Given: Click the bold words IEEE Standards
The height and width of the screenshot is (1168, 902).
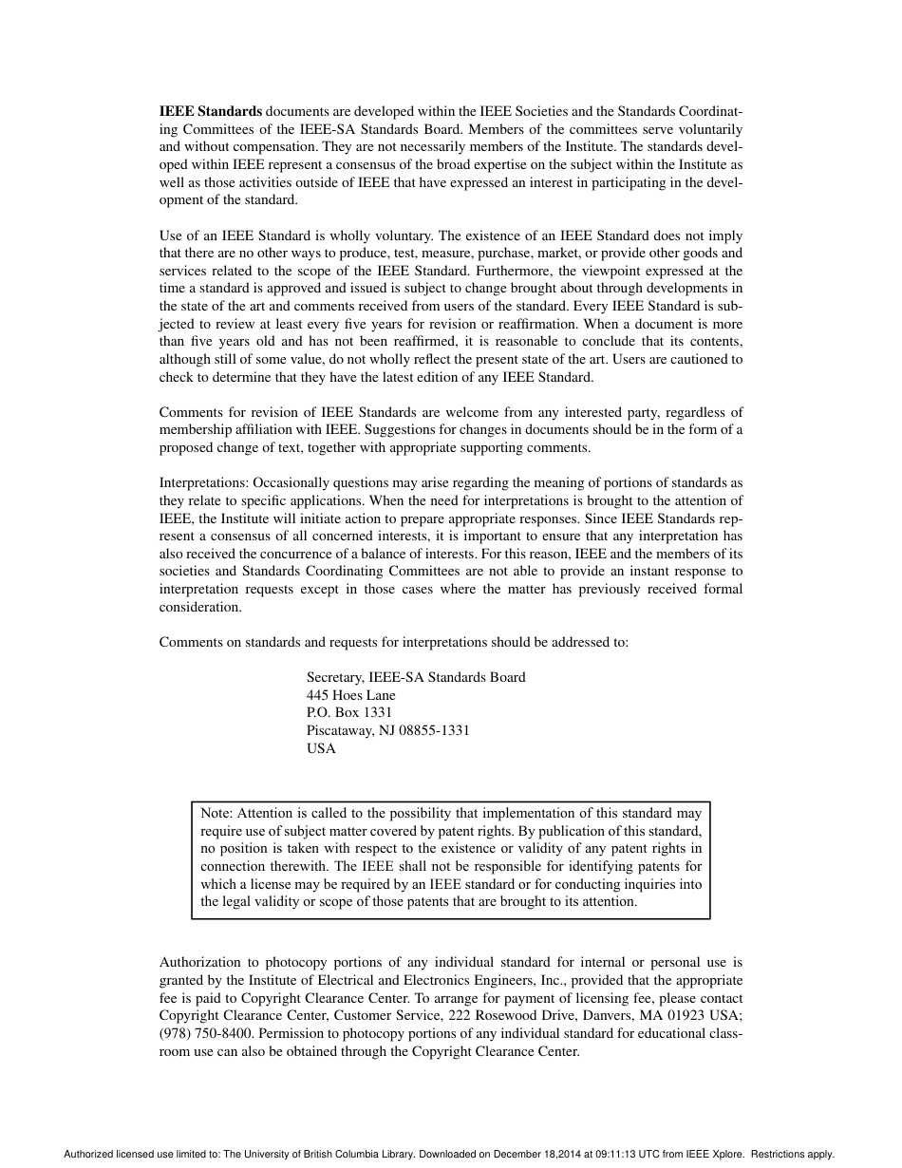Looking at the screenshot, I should click(x=210, y=111).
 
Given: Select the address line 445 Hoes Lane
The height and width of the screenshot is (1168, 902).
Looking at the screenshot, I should click(x=350, y=695).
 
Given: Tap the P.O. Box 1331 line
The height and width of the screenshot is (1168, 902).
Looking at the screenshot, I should click(x=348, y=712).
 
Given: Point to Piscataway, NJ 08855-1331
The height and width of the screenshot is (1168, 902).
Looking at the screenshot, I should click(x=387, y=730).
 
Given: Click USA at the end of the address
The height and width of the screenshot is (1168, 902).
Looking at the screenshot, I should click(x=321, y=748).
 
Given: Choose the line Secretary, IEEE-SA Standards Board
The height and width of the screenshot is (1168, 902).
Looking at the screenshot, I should click(x=415, y=677).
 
